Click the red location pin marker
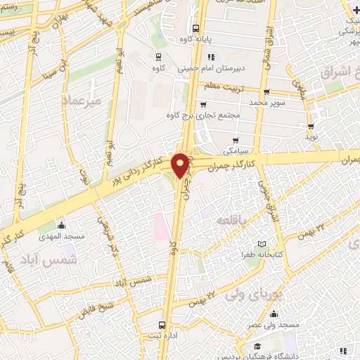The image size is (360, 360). [x=181, y=165]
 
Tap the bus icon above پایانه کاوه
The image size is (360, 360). [x=195, y=28]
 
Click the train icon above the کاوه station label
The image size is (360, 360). [x=157, y=58]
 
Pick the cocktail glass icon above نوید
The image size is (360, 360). [x=311, y=127]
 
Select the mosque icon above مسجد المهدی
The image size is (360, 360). [x=61, y=225]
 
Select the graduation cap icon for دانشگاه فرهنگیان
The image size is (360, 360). [x=257, y=347]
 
